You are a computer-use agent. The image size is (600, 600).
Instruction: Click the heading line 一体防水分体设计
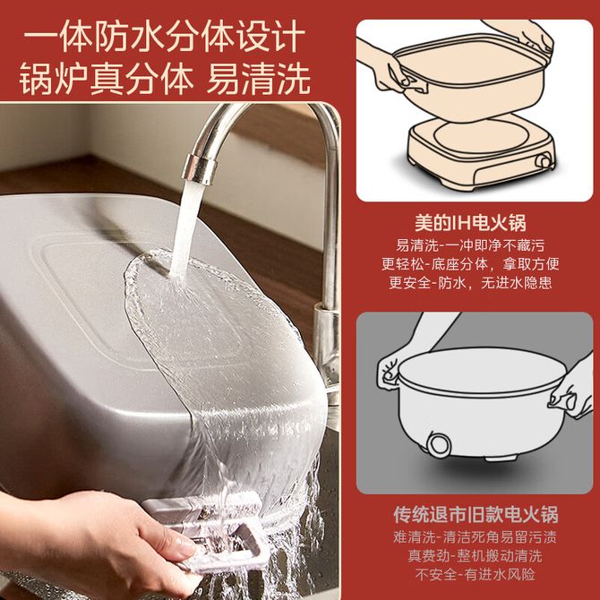point(164,37)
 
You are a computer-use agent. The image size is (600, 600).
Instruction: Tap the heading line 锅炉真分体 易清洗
point(164,79)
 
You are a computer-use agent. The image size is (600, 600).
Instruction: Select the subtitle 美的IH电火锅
point(470,223)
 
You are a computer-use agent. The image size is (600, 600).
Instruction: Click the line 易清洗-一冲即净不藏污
point(470,245)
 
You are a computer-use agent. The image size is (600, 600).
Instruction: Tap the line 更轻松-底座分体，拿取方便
point(470,264)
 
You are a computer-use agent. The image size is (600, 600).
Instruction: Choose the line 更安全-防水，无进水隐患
point(470,283)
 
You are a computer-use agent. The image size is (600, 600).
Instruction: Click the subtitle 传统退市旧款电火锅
point(476,515)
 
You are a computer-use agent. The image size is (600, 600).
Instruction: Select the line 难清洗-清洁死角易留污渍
point(475,537)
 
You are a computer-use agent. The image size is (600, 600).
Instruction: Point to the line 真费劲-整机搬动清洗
point(475,555)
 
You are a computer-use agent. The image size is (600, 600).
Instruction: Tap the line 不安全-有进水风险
point(475,574)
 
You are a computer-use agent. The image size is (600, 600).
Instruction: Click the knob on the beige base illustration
point(544,160)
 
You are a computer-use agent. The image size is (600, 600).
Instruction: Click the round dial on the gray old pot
point(439,445)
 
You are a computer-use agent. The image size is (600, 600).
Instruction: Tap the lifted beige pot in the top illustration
point(470,76)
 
